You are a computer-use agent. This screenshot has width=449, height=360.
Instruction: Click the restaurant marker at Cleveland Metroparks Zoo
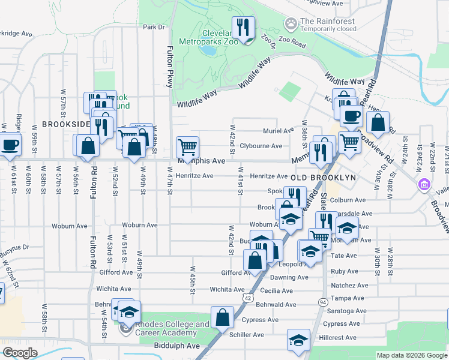point(244,28)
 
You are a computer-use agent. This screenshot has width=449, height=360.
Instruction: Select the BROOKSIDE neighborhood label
point(65,124)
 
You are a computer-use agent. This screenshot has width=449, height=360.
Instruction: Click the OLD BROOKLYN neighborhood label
point(324,178)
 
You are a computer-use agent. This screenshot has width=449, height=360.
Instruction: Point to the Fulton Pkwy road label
point(170,68)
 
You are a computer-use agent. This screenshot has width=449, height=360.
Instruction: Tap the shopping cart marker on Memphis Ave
point(188,146)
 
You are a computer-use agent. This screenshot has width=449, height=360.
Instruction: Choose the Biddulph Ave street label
point(176,346)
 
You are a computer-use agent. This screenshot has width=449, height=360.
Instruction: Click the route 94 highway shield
point(323,301)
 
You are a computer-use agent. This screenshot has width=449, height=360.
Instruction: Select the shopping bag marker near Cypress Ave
point(222,317)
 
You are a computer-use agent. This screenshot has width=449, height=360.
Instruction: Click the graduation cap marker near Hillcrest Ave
point(298,340)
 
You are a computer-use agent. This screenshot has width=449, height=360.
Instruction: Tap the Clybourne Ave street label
point(261,146)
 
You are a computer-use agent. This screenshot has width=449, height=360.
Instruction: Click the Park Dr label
point(154,27)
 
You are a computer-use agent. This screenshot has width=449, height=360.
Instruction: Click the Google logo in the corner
point(20,353)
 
